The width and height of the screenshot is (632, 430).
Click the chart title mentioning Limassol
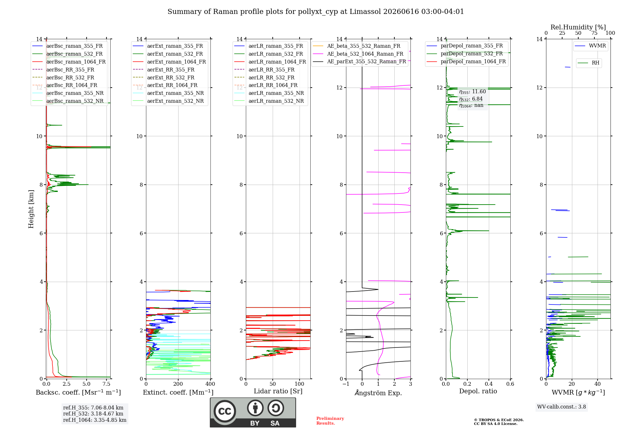point(316,12)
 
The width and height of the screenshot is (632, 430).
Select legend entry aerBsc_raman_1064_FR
point(69,62)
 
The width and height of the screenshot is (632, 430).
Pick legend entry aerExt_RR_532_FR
point(164,77)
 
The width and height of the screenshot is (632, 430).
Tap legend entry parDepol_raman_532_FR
point(465,53)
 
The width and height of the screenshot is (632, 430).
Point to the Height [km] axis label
point(31,209)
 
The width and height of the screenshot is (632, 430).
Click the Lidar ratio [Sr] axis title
point(278,391)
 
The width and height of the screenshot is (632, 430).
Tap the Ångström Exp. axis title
point(378,393)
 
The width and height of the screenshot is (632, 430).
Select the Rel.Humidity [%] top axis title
point(578,27)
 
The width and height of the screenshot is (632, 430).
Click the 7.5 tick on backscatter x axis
point(106,384)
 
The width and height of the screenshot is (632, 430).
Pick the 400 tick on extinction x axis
point(210,384)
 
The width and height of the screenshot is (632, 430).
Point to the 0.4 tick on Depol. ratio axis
point(489,384)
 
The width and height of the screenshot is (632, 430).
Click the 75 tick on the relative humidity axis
point(594,33)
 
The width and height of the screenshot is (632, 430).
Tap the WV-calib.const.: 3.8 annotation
point(562,407)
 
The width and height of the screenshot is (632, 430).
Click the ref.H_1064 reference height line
point(95,420)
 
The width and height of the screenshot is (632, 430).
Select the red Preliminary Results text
point(330,421)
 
